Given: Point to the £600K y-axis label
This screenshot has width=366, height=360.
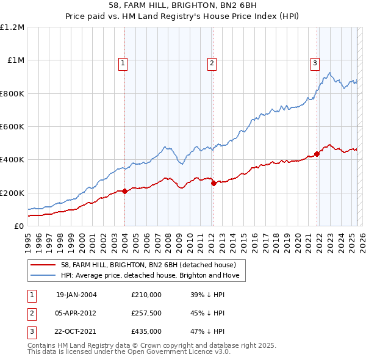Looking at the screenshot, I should pos(12,127).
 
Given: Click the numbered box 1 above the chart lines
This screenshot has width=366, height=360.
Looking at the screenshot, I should pos(123,63).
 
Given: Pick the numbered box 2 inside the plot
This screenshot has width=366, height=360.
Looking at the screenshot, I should pos(212,63).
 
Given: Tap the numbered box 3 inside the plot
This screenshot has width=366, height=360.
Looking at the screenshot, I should pos(315,63).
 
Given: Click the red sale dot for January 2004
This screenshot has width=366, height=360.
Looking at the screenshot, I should pos(125,191).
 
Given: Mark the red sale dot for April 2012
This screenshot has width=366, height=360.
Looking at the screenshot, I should pos(213,183).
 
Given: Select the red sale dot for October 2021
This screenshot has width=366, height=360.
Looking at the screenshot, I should pos(317,154).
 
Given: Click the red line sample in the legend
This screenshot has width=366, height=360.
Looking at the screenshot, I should pos(43,265).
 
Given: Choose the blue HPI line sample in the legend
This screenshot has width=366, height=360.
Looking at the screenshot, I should pos(43,275).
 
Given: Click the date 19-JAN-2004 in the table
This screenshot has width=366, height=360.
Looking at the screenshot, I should pos(76,294).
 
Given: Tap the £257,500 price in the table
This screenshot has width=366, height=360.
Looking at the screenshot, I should pos(146,313).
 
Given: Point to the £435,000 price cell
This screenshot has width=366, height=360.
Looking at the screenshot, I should pos(146,331).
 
